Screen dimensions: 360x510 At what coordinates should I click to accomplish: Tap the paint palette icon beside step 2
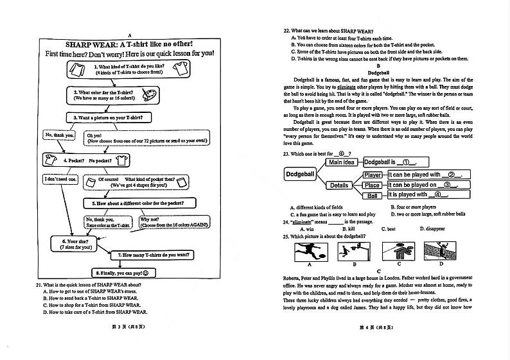147,95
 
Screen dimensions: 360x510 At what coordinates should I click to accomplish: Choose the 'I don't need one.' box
60,179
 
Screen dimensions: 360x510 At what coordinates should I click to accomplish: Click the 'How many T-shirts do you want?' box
152,255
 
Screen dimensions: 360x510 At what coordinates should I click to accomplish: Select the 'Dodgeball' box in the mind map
300,174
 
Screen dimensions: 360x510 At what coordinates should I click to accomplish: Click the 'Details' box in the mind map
339,185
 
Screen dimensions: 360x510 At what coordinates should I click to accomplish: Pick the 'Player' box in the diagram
373,175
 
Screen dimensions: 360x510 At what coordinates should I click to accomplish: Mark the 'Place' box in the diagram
372,185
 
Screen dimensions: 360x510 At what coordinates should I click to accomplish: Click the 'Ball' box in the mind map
373,195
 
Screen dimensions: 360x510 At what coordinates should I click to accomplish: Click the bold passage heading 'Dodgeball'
379,72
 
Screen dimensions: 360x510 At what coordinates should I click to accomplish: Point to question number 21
39,284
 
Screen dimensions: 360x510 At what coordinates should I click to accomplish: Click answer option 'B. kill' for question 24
349,229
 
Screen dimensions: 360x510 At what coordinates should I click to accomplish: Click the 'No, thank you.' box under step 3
59,135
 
